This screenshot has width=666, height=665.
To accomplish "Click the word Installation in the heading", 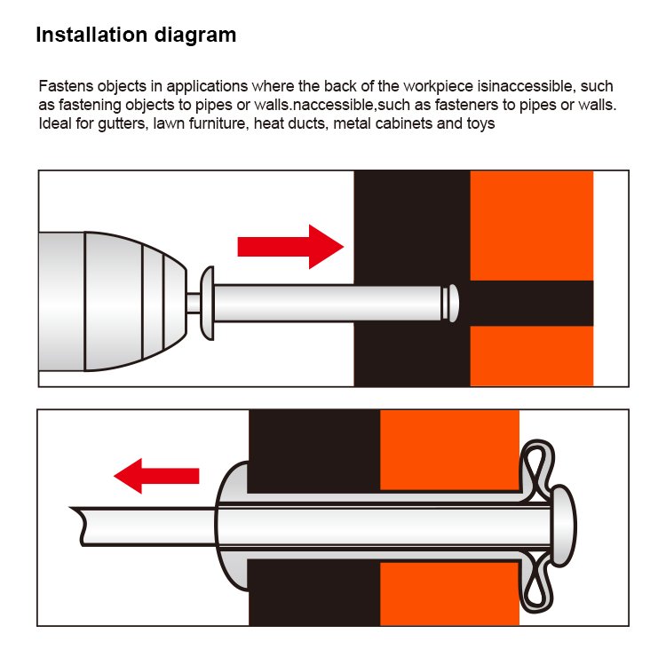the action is tap(91, 35).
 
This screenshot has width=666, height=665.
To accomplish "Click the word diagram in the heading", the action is tap(195, 36).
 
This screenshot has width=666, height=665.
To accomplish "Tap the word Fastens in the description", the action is tap(66, 86).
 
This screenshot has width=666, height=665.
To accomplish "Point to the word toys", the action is tap(480, 124).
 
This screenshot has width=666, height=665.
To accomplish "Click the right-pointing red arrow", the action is tap(290, 247).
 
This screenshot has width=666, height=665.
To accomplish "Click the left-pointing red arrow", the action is tap(156, 476).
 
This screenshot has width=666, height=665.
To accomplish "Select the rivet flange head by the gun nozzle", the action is tap(207, 303).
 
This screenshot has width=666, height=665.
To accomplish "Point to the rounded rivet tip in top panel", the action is tap(450, 303).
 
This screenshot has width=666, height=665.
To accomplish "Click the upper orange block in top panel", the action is tap(531, 226).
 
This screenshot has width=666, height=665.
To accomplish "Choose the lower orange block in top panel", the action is tap(531, 356).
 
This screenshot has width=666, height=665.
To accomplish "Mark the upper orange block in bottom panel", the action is tap(449, 450).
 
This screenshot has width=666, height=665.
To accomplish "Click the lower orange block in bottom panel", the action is tap(449, 594).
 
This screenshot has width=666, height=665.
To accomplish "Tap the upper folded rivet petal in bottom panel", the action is tap(538, 467).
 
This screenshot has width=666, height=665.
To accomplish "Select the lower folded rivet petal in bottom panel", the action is tap(538, 586).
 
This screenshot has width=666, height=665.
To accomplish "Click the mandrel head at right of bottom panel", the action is tap(564, 526).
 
